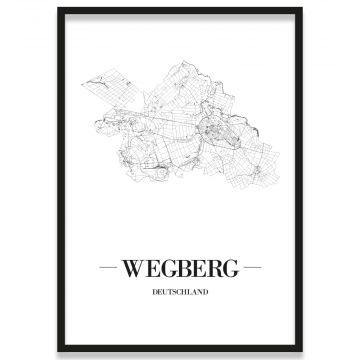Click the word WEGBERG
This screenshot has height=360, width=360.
click(x=179, y=269)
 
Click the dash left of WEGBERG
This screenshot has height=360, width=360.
click(x=108, y=269)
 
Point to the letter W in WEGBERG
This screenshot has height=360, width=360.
click(x=131, y=269)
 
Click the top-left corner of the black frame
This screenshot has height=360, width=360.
click(x=58, y=9)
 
